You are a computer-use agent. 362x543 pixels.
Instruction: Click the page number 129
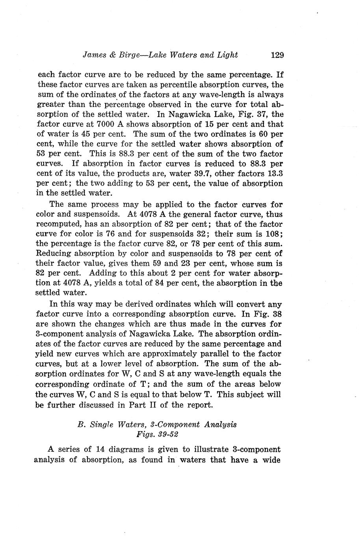(x=277, y=55)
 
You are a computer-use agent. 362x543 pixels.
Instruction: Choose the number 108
(x=272, y=234)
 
